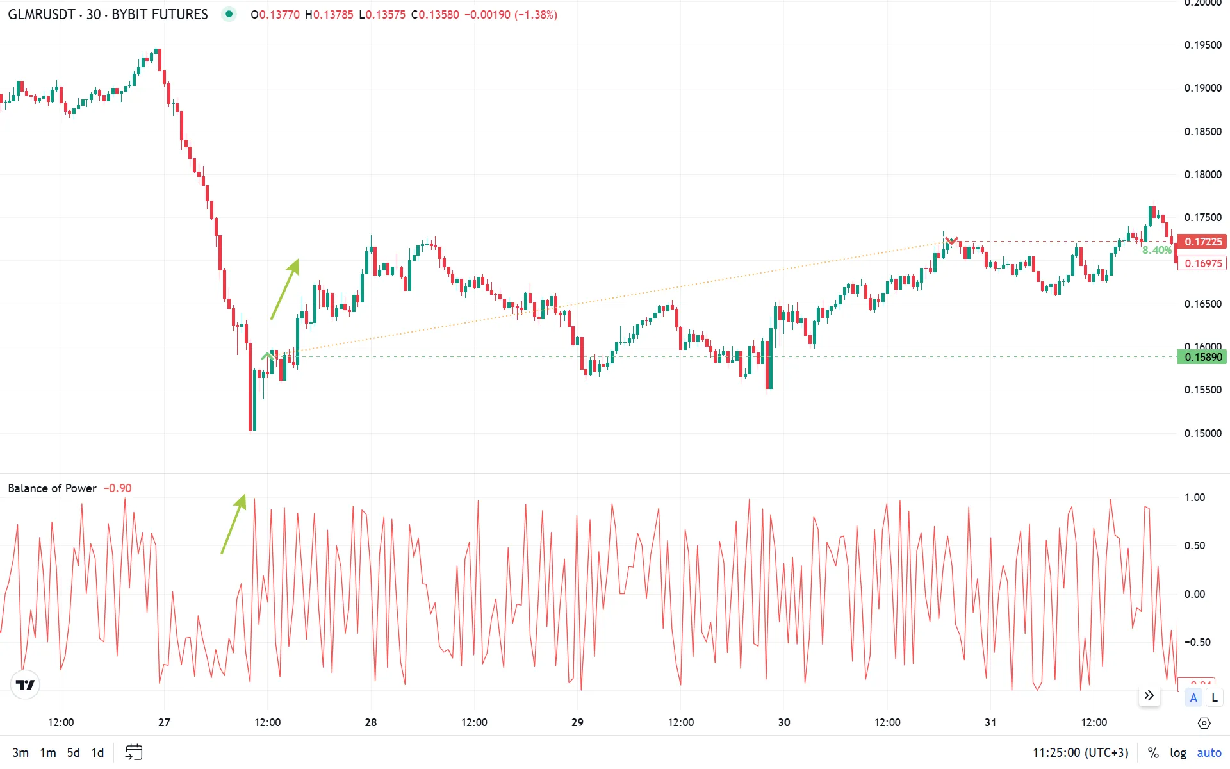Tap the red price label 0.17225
pyautogui.click(x=1202, y=242)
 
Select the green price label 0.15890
pyautogui.click(x=1202, y=357)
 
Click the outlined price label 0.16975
pyautogui.click(x=1202, y=263)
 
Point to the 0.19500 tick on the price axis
pyautogui.click(x=1202, y=45)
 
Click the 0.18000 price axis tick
pyautogui.click(x=1202, y=174)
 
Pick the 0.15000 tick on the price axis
pyautogui.click(x=1202, y=433)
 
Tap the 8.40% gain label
pyautogui.click(x=1156, y=251)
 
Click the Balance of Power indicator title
pyautogui.click(x=52, y=488)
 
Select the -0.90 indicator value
pyautogui.click(x=118, y=488)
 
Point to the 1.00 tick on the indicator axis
pyautogui.click(x=1194, y=497)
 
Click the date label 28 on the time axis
pyautogui.click(x=370, y=722)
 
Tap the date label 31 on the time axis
pyautogui.click(x=990, y=722)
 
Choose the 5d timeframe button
pyautogui.click(x=74, y=752)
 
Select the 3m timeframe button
pyautogui.click(x=20, y=752)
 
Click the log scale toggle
pyautogui.click(x=1177, y=752)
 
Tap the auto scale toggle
pyautogui.click(x=1209, y=752)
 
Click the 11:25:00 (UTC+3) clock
pyautogui.click(x=1080, y=752)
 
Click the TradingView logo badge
pyautogui.click(x=26, y=685)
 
